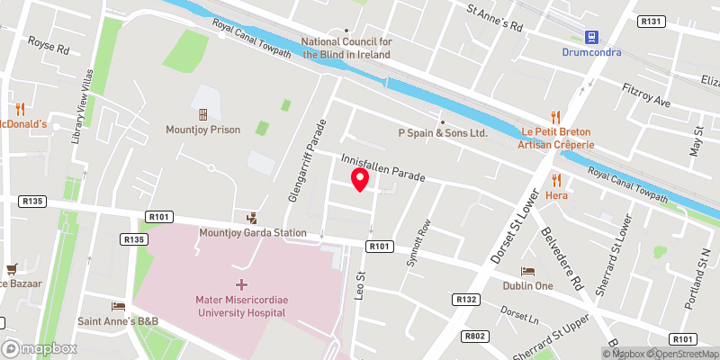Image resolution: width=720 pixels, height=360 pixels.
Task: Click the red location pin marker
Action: (x=360, y=179)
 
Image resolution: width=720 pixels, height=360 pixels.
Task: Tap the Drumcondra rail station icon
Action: (x=591, y=38)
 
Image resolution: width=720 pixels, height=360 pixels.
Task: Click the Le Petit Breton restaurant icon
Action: (x=555, y=117)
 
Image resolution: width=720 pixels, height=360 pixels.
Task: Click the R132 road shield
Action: (x=466, y=300)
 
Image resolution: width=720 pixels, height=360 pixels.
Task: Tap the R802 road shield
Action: (x=477, y=336)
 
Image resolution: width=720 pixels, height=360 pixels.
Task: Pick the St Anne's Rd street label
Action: (x=494, y=17)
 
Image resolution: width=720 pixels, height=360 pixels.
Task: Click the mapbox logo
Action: (x=39, y=348)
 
